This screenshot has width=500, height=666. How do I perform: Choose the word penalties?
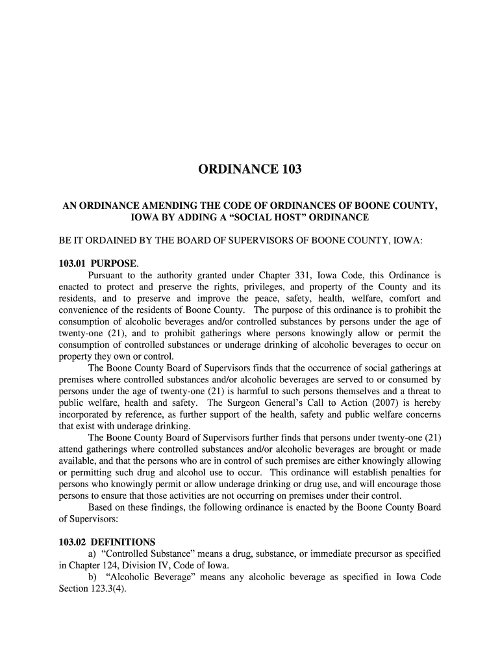click(x=405, y=473)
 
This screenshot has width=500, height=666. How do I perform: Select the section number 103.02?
click(x=72, y=542)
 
